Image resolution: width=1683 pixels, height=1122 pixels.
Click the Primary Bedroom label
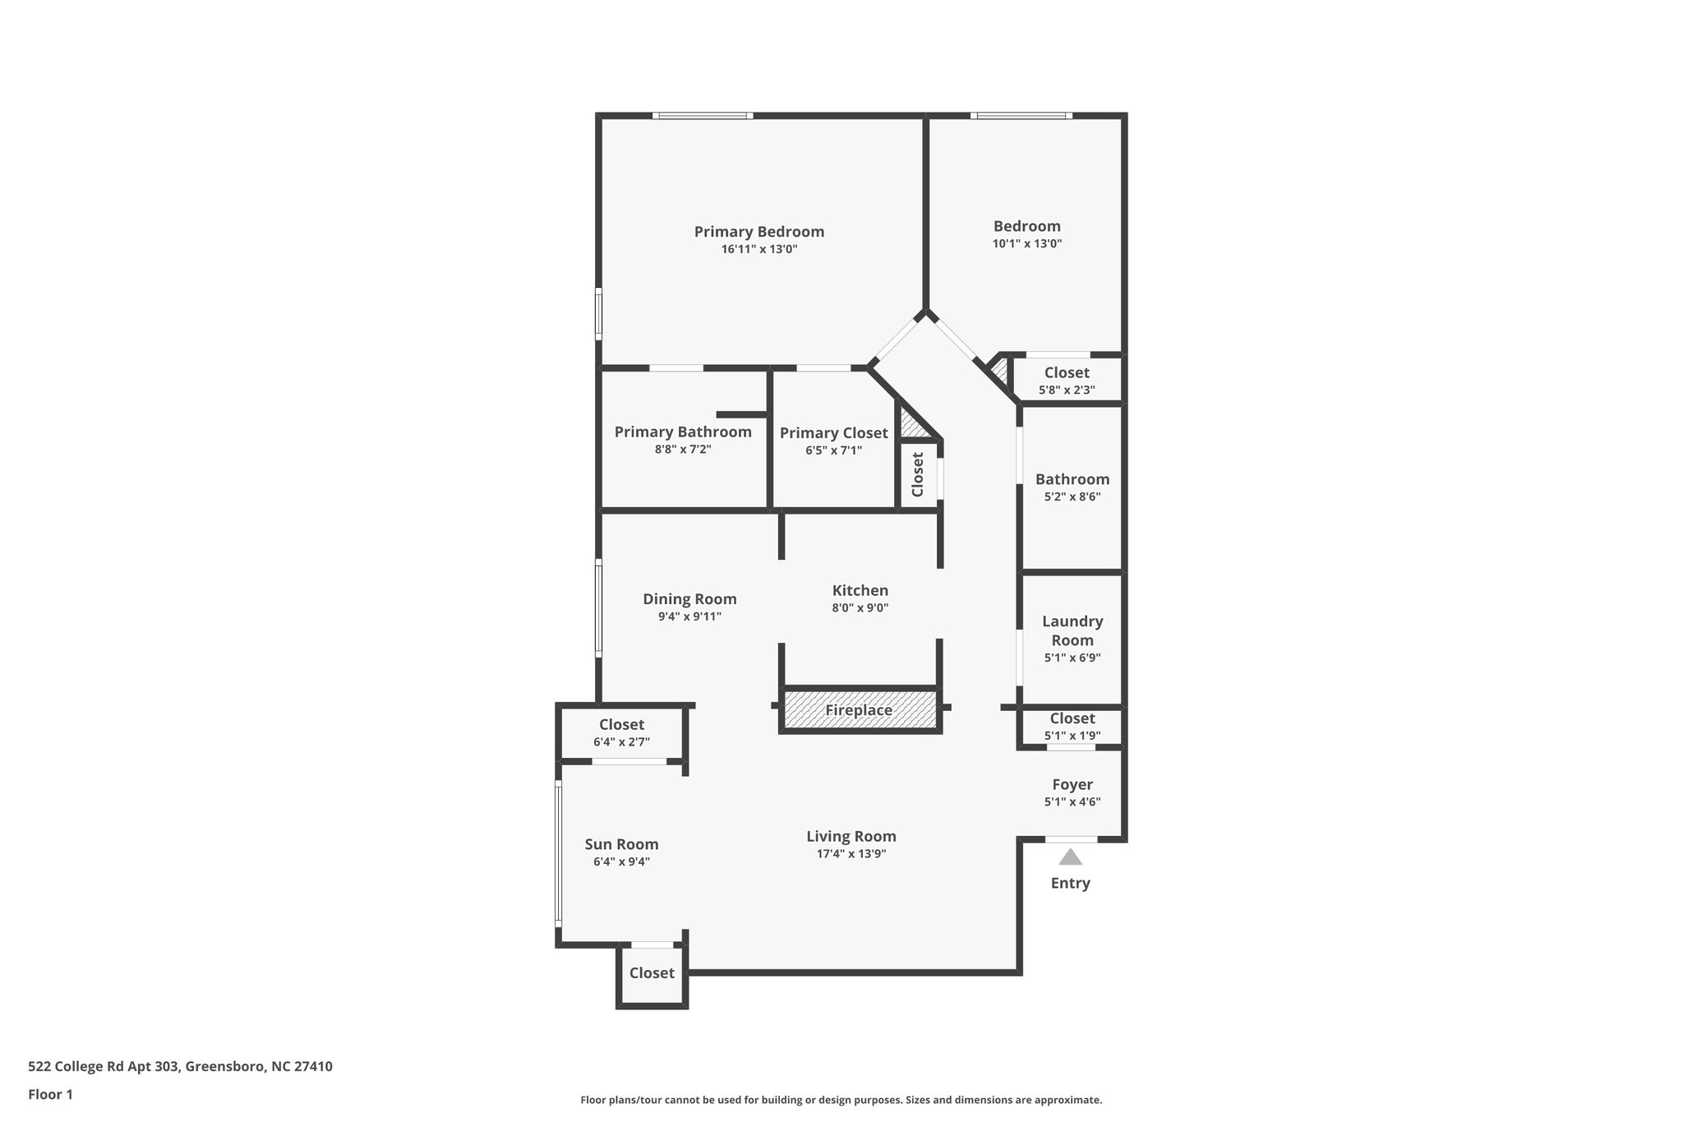[x=759, y=232]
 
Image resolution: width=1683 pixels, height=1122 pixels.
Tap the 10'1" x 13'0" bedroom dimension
[x=1026, y=244]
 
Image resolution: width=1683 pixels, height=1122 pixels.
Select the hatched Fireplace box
[x=859, y=710]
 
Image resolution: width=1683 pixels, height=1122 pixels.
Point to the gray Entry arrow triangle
[x=1069, y=857]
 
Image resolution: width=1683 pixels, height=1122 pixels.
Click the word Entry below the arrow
[x=1070, y=884]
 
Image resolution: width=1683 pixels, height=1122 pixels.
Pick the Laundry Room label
[x=1072, y=630]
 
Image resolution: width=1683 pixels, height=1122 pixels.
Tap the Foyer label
[x=1072, y=785]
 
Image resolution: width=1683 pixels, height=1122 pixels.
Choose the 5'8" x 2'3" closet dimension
[x=1067, y=390]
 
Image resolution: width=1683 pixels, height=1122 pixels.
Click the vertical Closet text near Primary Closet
[x=918, y=474]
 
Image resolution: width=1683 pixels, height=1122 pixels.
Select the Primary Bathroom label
[x=682, y=432]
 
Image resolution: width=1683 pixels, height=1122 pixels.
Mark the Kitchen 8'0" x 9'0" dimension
[x=860, y=608]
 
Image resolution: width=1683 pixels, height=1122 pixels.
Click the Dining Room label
[x=689, y=599]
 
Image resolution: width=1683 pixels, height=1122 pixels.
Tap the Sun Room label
[x=621, y=844]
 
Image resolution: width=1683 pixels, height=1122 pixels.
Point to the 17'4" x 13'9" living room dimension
[x=851, y=854]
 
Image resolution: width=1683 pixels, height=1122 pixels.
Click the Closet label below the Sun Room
[x=652, y=973]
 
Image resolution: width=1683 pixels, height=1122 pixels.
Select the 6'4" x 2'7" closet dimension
[x=621, y=742]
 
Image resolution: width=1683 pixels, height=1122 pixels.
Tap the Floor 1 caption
[x=50, y=1094]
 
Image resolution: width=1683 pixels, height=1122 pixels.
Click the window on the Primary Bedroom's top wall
[x=703, y=116]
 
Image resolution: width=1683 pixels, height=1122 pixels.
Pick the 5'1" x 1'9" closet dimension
[x=1072, y=736]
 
